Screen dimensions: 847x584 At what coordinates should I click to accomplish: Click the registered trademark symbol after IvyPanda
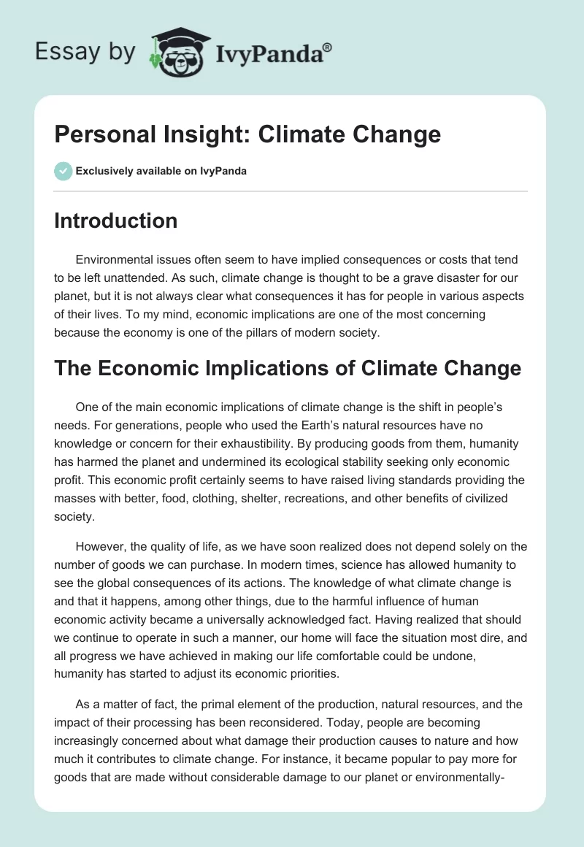click(x=328, y=47)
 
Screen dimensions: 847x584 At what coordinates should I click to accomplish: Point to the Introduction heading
click(x=115, y=221)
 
